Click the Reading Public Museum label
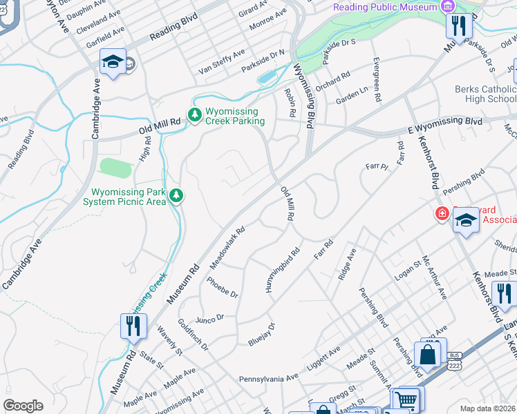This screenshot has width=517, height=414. [x=385, y=7]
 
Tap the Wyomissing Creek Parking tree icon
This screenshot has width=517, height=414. [x=196, y=115]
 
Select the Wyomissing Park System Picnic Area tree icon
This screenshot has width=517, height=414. [x=177, y=196]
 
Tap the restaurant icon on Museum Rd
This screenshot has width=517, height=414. [x=132, y=326]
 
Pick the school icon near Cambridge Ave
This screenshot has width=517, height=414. [x=111, y=61]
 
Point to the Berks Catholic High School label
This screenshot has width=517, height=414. [x=485, y=94]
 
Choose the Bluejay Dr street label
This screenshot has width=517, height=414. [x=262, y=334]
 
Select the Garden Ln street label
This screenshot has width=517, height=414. [x=352, y=97]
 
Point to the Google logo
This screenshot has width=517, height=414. [x=23, y=406]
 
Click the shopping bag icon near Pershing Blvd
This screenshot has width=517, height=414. [x=428, y=355]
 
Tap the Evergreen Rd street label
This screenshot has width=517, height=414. [x=377, y=81]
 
